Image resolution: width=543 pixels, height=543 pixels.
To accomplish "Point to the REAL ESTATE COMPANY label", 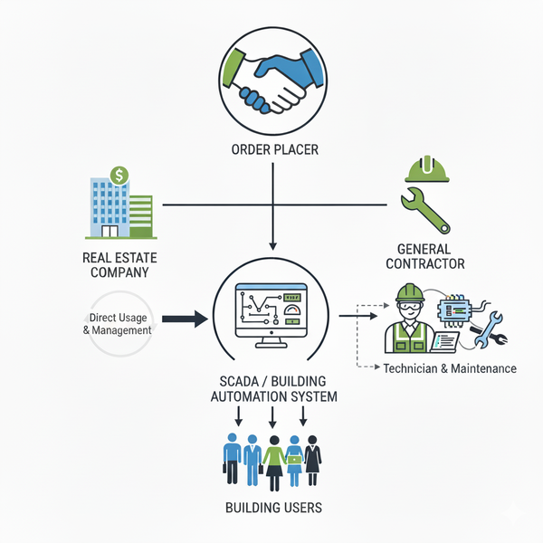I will pyautogui.click(x=113, y=263).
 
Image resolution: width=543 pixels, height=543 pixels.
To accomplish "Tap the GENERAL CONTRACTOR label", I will pyautogui.click(x=425, y=256).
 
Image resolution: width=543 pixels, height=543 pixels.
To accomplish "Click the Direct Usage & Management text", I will pyautogui.click(x=120, y=324).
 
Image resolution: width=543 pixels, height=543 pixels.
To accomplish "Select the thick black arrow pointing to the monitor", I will pyautogui.click(x=186, y=319).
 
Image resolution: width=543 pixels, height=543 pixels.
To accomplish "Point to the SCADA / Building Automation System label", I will pyautogui.click(x=271, y=388).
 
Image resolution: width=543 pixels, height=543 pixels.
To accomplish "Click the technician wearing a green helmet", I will pyautogui.click(x=409, y=320).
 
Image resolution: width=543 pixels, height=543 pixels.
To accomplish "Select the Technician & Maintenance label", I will pyautogui.click(x=450, y=368).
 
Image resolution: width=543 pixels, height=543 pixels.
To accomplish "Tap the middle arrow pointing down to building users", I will pyautogui.click(x=271, y=418).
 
